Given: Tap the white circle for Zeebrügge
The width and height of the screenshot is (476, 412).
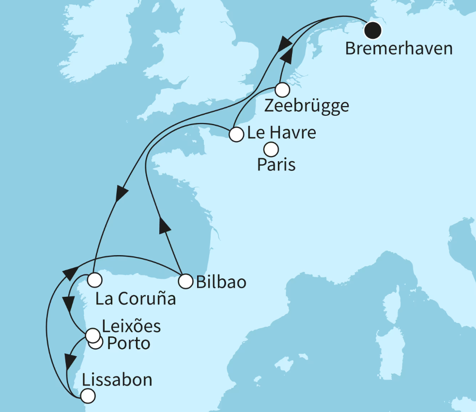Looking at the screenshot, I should [x=282, y=90].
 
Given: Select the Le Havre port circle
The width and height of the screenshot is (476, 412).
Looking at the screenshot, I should [x=236, y=134].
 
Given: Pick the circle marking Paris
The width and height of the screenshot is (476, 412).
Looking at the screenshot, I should [x=271, y=149].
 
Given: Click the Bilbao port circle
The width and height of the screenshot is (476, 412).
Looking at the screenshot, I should [x=185, y=280].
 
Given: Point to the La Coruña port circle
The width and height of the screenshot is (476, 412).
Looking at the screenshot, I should [x=94, y=279].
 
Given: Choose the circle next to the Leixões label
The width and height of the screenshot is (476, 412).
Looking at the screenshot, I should [x=92, y=335].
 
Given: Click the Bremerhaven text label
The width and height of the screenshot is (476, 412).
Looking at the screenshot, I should [x=399, y=49].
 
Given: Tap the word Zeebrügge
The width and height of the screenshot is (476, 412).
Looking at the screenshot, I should [x=307, y=106].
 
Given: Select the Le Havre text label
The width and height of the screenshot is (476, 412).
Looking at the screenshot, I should [x=281, y=132].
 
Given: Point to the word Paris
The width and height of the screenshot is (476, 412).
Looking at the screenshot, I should [x=276, y=165].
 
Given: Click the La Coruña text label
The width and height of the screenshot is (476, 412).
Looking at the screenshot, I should [x=135, y=299].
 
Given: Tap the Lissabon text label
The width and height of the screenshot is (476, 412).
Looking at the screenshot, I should [x=118, y=380].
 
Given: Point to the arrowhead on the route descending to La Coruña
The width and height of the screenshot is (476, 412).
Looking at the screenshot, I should [x=121, y=194].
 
